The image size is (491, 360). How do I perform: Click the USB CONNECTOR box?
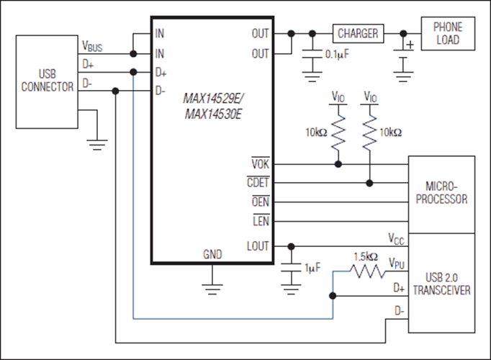click(47, 81)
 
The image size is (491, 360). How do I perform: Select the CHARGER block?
click(357, 32)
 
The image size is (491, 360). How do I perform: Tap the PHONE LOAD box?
click(448, 34)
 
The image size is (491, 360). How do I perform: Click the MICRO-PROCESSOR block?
click(441, 193)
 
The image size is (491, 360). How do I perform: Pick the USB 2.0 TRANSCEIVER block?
click(441, 283)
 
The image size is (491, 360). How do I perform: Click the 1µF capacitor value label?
click(312, 268)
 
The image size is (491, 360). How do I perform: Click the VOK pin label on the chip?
click(260, 164)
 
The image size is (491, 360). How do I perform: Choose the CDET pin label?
click(258, 183)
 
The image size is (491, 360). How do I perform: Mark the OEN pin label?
click(260, 202)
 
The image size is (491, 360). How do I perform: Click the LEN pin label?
click(261, 220)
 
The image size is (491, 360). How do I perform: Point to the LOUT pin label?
click(256, 246)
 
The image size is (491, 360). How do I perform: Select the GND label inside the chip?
click(212, 255)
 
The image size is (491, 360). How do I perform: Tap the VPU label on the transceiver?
click(397, 264)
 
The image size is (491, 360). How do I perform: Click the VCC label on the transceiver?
click(397, 237)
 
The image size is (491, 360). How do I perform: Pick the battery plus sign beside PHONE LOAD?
click(411, 45)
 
